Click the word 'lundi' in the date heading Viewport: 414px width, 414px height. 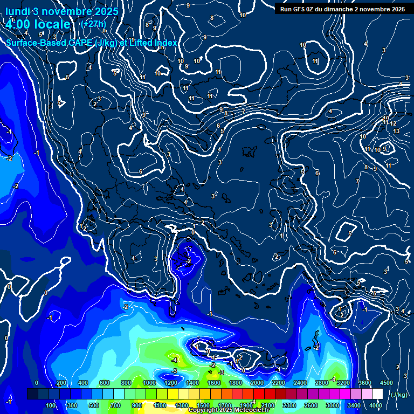click(17, 12)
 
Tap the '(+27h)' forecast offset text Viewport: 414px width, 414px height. click(93, 24)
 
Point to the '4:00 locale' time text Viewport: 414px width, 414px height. click(38, 25)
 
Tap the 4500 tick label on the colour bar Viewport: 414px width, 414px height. click(386, 383)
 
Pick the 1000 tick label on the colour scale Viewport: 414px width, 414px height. click(149, 383)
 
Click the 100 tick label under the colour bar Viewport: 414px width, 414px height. click(51, 405)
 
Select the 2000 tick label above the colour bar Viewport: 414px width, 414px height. click(257, 383)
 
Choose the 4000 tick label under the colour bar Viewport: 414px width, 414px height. click(376, 405)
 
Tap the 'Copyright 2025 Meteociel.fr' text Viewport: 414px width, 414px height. click(229, 410)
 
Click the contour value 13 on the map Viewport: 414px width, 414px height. click(396, 131)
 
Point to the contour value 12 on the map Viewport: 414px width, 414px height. click(393, 124)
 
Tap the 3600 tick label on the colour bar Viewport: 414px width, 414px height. click(365, 383)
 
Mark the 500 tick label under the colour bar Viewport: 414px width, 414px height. click(94, 405)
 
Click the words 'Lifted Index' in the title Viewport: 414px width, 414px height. click(152, 43)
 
